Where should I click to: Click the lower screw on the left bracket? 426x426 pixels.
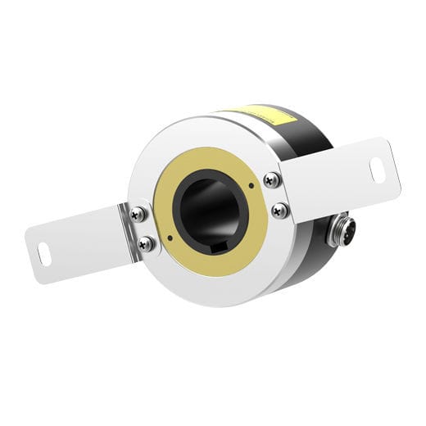pyautogui.click(x=146, y=242)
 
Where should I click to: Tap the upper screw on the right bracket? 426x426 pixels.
pyautogui.click(x=271, y=179)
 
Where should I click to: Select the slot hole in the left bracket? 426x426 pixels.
pyautogui.click(x=44, y=254)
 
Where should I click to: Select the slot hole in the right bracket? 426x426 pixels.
pyautogui.click(x=378, y=170)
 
